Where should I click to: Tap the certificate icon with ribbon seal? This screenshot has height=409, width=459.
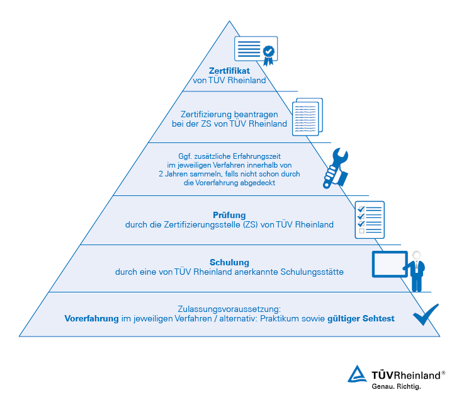(256, 50)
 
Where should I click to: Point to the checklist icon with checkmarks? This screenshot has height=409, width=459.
(369, 219)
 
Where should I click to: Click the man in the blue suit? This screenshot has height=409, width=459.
(416, 271)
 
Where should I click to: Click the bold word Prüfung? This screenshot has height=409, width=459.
(229, 215)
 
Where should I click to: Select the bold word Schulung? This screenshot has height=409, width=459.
(229, 262)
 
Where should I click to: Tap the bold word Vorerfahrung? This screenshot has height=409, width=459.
(92, 319)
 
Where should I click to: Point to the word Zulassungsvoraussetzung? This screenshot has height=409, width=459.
(229, 309)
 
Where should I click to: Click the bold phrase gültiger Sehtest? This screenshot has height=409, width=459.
(361, 319)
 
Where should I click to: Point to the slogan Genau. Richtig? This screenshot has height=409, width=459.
(395, 386)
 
